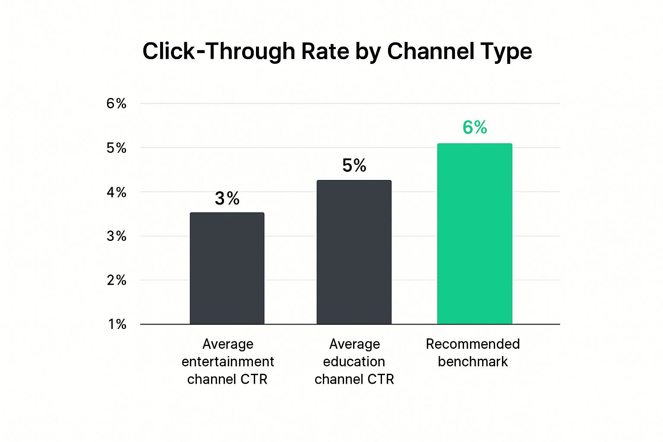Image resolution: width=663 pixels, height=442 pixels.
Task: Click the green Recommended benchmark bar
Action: pyautogui.click(x=474, y=234)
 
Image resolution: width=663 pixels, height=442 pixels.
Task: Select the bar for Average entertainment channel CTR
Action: pyautogui.click(x=227, y=268)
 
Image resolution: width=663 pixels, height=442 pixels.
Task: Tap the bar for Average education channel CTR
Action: pyautogui.click(x=354, y=252)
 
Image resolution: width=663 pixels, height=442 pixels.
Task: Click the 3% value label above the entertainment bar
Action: pyautogui.click(x=227, y=199)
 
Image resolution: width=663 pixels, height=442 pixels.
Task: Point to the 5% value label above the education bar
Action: pyautogui.click(x=354, y=165)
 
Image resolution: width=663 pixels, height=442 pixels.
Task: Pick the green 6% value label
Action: pyautogui.click(x=475, y=127)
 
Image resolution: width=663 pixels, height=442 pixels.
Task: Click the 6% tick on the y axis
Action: pyautogui.click(x=117, y=104)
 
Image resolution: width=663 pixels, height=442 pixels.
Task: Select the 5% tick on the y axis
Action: pyautogui.click(x=117, y=148)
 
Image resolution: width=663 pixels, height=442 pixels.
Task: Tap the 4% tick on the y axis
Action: pyautogui.click(x=117, y=192)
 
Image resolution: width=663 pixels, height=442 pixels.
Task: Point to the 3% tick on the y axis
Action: pyautogui.click(x=117, y=236)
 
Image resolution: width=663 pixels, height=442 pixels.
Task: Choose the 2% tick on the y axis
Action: pyautogui.click(x=117, y=280)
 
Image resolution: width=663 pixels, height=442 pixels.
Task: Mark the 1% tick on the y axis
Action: pyautogui.click(x=117, y=324)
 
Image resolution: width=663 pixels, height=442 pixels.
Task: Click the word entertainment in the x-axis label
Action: pyautogui.click(x=227, y=361)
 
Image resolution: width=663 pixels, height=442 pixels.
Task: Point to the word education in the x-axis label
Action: pyautogui.click(x=354, y=361)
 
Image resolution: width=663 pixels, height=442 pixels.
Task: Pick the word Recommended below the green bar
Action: pyautogui.click(x=473, y=344)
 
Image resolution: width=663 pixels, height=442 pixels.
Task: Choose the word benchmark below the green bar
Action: pyautogui.click(x=473, y=361)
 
